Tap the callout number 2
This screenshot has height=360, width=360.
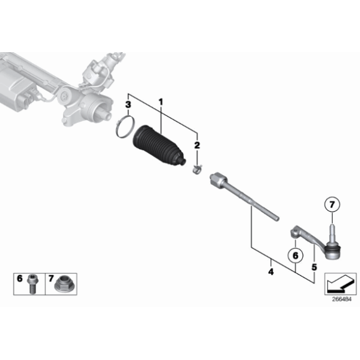(x=197, y=145)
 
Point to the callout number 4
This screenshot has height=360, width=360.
(x=271, y=271)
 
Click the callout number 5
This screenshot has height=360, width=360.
(x=314, y=267)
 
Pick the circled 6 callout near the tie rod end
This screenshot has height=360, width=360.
(x=296, y=254)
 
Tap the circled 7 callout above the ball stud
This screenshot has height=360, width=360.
(x=332, y=204)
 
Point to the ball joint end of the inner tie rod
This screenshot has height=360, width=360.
(x=217, y=178)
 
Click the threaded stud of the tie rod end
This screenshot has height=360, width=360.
(x=332, y=233)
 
